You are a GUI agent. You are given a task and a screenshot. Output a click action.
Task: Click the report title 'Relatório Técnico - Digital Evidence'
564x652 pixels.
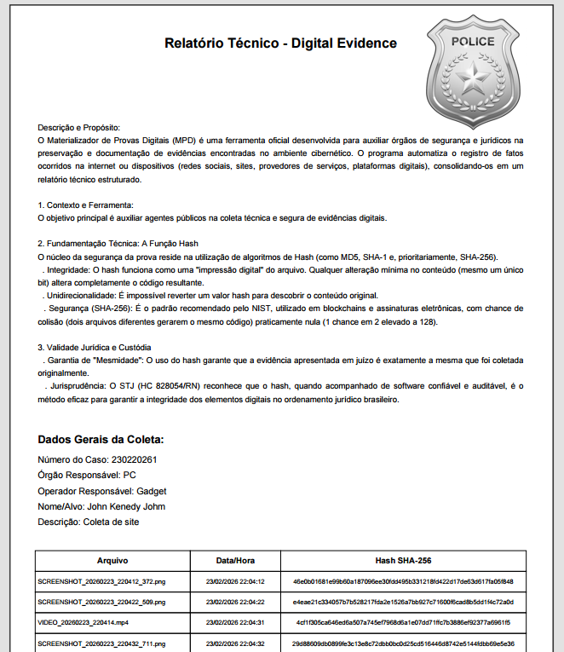coord(280,43)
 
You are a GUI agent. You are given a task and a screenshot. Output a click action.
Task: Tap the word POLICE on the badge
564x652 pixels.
coord(472,41)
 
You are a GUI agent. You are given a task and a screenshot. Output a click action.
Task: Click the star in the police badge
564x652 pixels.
coord(472,83)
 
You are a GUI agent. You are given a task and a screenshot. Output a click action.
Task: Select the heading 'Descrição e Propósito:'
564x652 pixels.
coord(79,127)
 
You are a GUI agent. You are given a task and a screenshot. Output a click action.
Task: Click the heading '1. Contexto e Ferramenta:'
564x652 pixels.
coord(85,205)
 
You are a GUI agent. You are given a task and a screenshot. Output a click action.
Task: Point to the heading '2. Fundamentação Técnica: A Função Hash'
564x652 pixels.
coord(118,244)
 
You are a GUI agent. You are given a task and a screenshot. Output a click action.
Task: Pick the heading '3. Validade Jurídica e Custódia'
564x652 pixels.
coord(95,348)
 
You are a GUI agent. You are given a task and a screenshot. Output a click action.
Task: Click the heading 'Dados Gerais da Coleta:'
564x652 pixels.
coord(101,440)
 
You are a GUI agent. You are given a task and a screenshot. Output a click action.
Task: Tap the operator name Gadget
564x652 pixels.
coord(152,491)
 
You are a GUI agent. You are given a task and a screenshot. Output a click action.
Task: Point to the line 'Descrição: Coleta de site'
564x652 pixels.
coord(88,522)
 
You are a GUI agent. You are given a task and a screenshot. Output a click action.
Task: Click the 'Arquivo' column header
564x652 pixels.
coord(112,561)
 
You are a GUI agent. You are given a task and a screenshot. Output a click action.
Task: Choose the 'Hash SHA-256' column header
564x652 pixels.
coord(403,561)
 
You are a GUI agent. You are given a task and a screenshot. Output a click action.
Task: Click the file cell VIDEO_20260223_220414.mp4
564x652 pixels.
coord(83,622)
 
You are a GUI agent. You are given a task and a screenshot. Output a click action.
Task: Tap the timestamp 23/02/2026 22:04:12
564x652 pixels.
coord(236,581)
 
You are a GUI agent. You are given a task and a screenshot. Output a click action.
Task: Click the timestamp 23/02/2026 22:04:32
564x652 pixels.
coord(236,643)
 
